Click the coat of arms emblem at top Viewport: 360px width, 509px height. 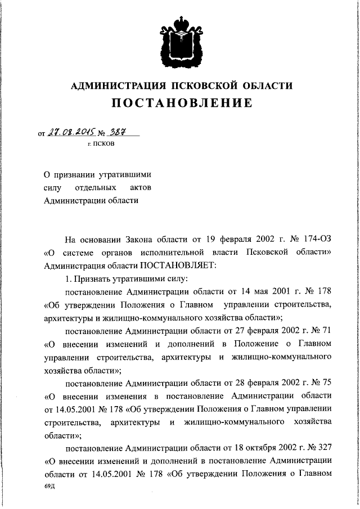click(180, 39)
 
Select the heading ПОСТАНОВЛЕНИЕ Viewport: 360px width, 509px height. click(180, 103)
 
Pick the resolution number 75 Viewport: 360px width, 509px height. click(326, 382)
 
